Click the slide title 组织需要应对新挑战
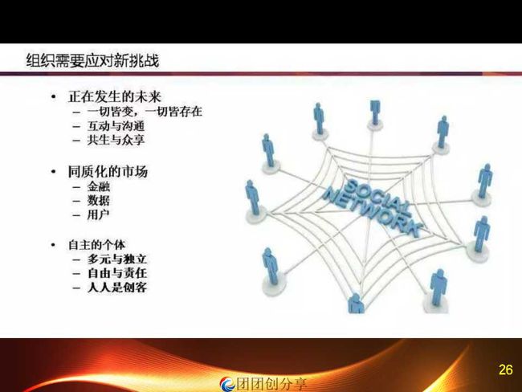coord(92,60)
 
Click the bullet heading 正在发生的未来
coord(115,96)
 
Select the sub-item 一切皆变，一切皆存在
coord(145,111)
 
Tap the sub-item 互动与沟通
coord(116,125)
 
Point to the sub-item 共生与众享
coord(116,140)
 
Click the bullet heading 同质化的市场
coord(108,172)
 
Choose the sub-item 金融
coord(99,186)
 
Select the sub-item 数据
coord(99,201)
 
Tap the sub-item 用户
coord(99,214)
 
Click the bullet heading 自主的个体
coord(97,245)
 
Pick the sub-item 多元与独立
coord(117,259)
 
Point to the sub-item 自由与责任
coord(117,273)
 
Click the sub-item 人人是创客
coord(117,287)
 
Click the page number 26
coord(505,370)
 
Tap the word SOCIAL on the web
coord(377,195)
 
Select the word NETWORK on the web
coord(372,213)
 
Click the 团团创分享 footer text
coord(271,384)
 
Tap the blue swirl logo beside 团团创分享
coord(228,384)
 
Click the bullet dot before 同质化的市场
coord(53,172)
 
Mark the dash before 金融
coord(76,187)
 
